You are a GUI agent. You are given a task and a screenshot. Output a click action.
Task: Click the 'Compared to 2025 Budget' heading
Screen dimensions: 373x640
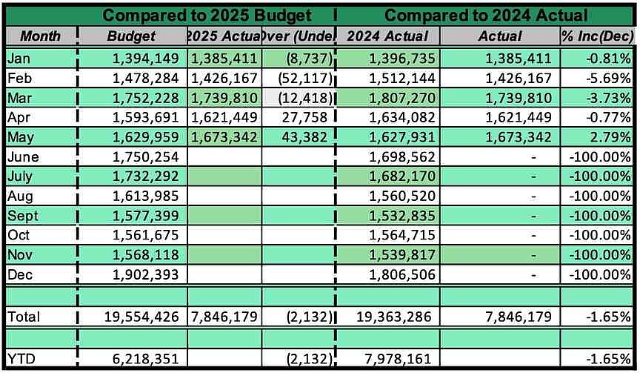[x=207, y=14]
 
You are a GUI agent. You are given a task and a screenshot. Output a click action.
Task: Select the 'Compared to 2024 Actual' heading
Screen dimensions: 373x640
[x=486, y=14]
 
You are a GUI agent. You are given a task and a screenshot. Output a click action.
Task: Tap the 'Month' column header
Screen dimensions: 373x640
[x=40, y=36]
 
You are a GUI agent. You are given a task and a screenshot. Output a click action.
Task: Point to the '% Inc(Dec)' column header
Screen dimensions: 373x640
[x=597, y=36]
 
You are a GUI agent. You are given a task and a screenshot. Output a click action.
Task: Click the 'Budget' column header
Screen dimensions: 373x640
[x=131, y=36]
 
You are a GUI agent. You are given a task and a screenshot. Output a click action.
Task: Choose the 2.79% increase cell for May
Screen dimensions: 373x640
[x=607, y=136]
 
